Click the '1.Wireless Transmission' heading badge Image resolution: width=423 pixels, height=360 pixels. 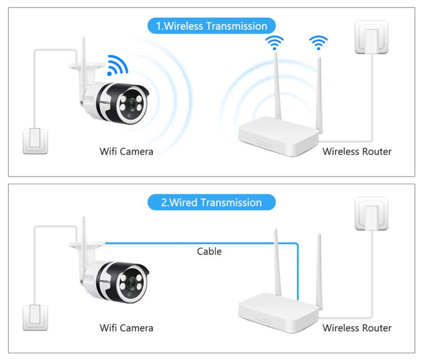211,26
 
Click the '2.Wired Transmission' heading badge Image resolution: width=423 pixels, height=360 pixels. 211,202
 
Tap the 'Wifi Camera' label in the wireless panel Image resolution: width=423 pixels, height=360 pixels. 126,152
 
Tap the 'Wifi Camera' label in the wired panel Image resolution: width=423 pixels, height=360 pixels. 126,328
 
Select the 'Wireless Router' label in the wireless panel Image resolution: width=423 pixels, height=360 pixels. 357,152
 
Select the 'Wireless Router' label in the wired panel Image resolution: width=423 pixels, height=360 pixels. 357,328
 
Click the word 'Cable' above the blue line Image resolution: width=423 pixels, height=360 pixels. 209,251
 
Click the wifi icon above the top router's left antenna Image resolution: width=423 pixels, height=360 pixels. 274,43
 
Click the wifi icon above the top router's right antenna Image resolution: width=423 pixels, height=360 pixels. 318,43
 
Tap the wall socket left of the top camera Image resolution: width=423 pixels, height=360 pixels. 35,140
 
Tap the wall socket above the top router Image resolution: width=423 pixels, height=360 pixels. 371,37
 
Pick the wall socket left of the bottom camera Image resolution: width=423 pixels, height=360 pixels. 35,318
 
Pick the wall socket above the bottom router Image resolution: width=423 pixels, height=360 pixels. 371,213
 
